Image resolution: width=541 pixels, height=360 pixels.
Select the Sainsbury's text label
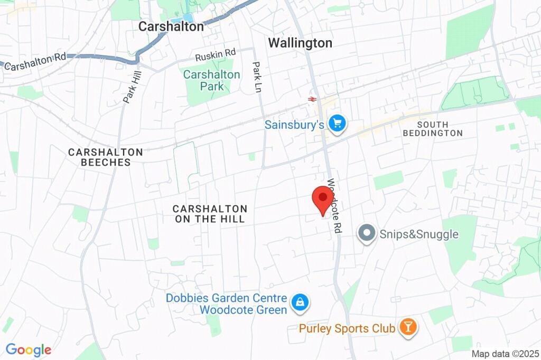click(294, 125)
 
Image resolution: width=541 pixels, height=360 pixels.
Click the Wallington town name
click(300, 43)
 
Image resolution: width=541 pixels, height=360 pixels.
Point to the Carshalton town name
click(171, 26)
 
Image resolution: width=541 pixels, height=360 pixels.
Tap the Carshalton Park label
click(211, 80)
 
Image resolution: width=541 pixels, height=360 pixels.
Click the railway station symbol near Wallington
click(312, 98)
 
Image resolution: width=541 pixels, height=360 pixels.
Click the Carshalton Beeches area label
click(106, 157)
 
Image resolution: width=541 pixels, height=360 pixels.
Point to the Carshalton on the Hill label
click(210, 214)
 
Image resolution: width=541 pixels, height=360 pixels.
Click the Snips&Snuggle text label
click(419, 234)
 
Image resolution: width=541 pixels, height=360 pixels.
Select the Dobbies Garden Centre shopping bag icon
click(300, 302)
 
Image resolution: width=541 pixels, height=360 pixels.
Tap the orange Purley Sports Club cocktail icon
click(408, 328)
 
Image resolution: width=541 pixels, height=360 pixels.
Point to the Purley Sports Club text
click(347, 328)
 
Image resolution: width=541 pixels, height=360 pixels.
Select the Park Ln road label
click(257, 77)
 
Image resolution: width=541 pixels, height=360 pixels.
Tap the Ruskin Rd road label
click(215, 54)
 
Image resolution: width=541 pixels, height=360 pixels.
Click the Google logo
click(29, 349)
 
